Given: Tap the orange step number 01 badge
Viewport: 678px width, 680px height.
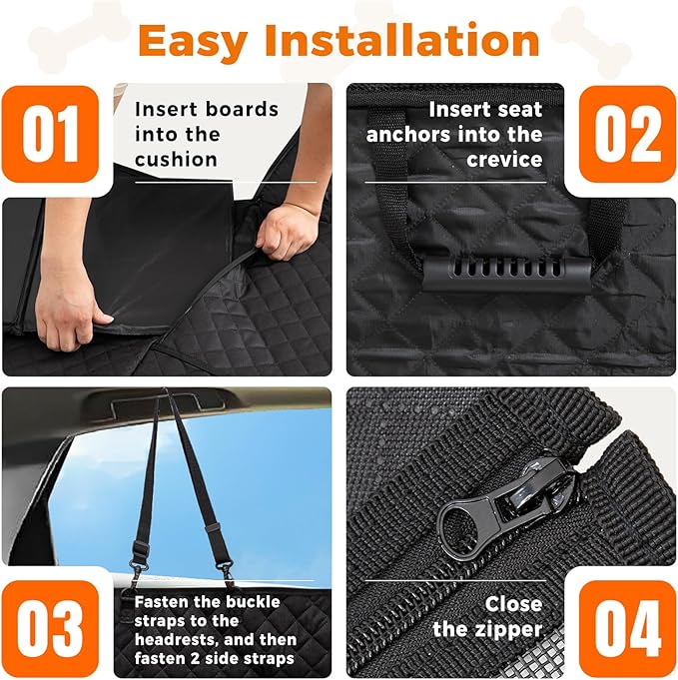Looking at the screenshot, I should (51, 134).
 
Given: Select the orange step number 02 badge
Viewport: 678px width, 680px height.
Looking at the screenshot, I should (627, 134).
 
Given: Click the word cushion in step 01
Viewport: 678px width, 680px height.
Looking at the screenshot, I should (176, 159).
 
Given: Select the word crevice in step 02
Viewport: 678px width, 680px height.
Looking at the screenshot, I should (505, 159).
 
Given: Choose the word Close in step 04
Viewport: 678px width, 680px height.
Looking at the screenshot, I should (513, 604).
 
